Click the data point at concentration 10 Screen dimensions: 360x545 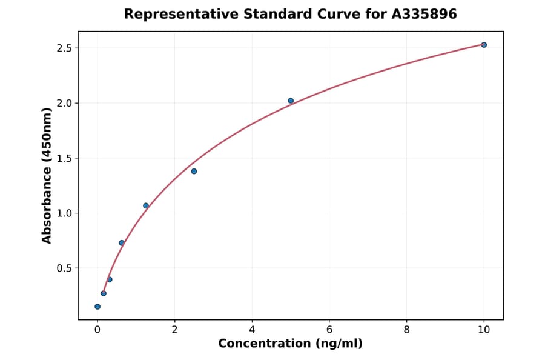point(484,45)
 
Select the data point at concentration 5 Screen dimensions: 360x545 point(291,101)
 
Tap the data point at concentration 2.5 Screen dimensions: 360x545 point(194,171)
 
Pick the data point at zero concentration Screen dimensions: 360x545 point(97,307)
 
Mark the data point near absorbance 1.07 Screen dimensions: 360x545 point(146,205)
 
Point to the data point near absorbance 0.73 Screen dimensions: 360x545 point(122,243)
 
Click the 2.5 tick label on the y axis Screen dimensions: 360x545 point(63,48)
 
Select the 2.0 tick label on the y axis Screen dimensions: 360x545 point(63,103)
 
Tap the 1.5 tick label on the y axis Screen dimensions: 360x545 point(63,158)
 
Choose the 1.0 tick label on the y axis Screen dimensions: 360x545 point(63,213)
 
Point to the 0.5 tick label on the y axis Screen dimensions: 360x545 point(63,268)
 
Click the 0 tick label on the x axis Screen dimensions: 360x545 point(97,330)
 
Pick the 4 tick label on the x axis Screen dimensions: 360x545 point(252,330)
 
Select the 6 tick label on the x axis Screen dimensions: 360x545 point(329,330)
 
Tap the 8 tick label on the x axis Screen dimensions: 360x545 point(406,330)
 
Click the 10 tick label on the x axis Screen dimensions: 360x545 point(484,330)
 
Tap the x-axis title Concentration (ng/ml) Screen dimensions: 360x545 point(290,344)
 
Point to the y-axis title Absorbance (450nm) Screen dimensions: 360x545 point(47,175)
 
